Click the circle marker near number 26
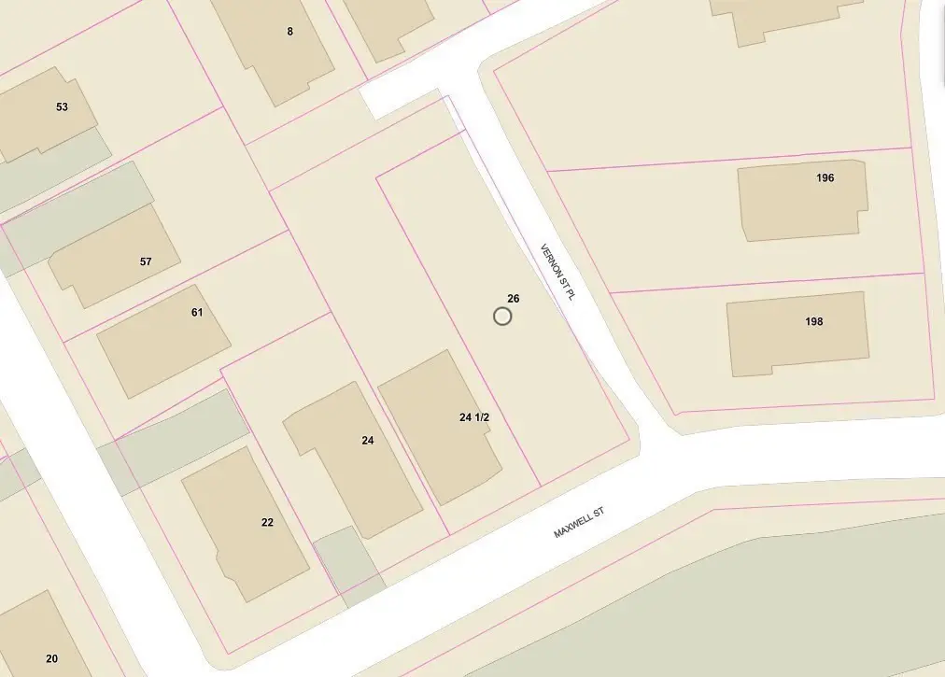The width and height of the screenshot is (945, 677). pyautogui.click(x=502, y=317)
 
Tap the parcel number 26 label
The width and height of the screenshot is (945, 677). pyautogui.click(x=513, y=299)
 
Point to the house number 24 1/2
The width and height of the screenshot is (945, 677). pyautogui.click(x=474, y=417)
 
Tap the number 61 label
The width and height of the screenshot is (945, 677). pyautogui.click(x=197, y=312)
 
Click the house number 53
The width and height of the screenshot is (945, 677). pyautogui.click(x=62, y=106)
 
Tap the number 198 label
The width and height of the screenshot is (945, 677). pyautogui.click(x=814, y=321)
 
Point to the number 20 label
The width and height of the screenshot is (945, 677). pyautogui.click(x=51, y=658)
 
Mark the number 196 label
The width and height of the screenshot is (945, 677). pyautogui.click(x=825, y=177)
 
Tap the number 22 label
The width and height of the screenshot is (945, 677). pyautogui.click(x=267, y=522)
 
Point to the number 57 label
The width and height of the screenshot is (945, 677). pyautogui.click(x=146, y=261)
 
